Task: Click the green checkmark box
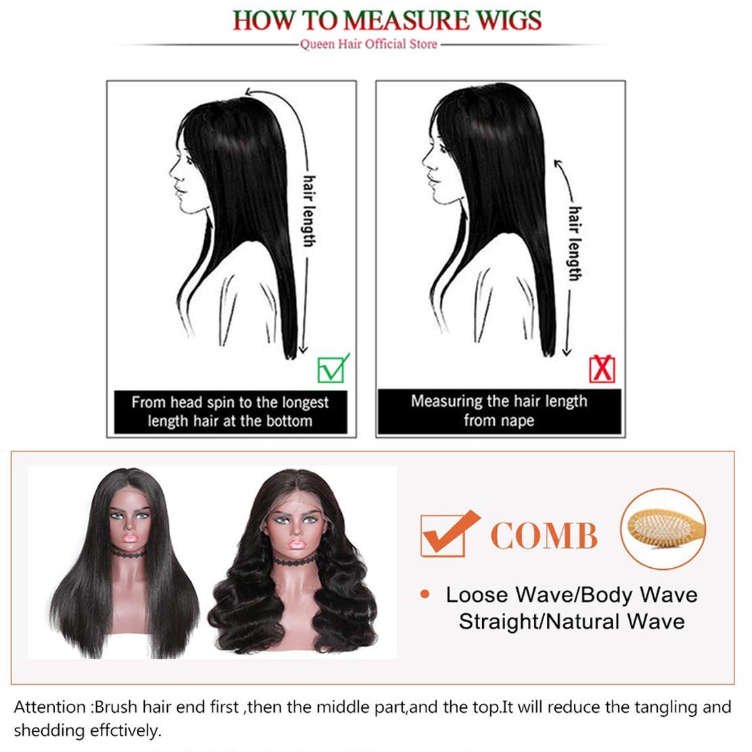pyautogui.click(x=332, y=369)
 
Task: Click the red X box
pyautogui.click(x=602, y=369)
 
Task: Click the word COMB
pyautogui.click(x=544, y=535)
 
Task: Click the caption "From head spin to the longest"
pyautogui.click(x=230, y=403)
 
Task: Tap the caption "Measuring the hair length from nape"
pyautogui.click(x=499, y=411)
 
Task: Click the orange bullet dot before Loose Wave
pyautogui.click(x=425, y=594)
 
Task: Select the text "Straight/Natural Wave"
pyautogui.click(x=571, y=621)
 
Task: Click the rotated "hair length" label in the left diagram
pyautogui.click(x=309, y=211)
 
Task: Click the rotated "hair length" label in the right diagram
pyautogui.click(x=575, y=242)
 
